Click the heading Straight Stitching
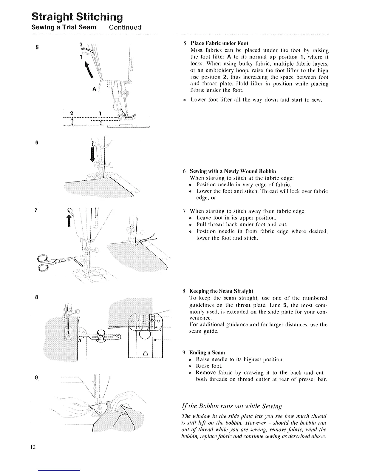[x=78, y=16]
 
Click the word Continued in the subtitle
[x=125, y=27]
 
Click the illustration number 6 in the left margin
[x=36, y=142]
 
